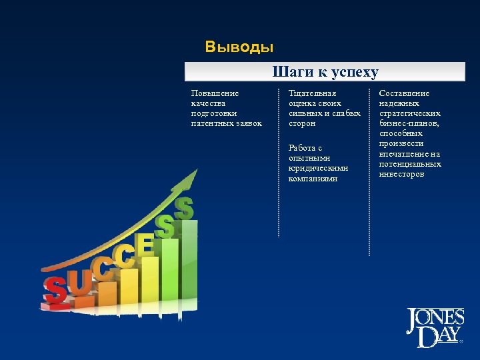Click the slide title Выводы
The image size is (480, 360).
tap(239, 47)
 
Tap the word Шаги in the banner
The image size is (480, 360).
tap(289, 72)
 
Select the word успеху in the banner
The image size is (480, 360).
tap(353, 72)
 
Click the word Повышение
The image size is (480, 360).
tap(215, 93)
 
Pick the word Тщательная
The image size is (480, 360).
tap(313, 93)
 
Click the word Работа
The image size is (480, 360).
tap(302, 147)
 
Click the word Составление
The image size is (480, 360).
tap(405, 93)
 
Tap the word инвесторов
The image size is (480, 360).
tap(401, 173)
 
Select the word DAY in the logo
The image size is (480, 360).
tap(437, 337)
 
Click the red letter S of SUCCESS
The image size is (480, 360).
tap(55, 290)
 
